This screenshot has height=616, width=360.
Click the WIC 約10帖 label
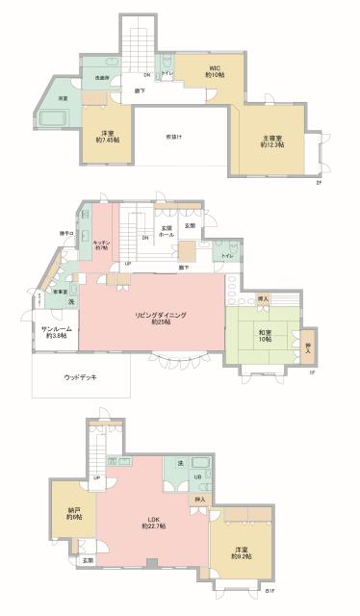pos(217,71)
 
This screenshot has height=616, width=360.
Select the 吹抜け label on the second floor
pos(173,136)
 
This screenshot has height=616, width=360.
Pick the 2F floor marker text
pos(319,183)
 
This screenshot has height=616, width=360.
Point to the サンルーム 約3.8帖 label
pos(53,335)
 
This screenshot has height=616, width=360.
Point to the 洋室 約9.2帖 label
pos(241,552)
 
